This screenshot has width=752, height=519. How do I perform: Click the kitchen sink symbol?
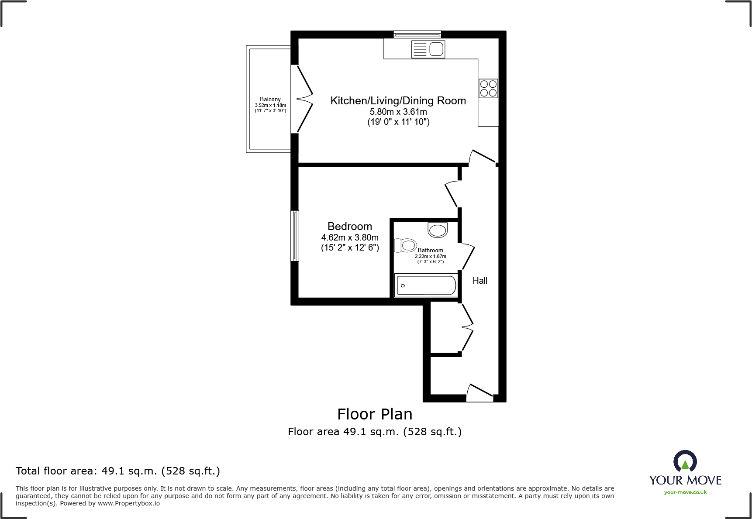(428, 49)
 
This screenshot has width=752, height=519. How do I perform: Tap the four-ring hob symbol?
(488, 88)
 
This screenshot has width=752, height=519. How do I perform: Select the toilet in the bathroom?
(406, 245)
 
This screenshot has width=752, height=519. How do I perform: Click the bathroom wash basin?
(438, 230)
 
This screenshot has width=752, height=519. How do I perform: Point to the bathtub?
(426, 285)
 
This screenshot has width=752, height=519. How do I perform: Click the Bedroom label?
(350, 227)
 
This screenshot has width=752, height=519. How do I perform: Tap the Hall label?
(479, 281)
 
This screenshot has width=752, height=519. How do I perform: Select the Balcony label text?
(270, 100)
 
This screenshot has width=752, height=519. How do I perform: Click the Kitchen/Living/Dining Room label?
(398, 101)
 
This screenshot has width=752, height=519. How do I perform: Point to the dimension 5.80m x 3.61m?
(398, 112)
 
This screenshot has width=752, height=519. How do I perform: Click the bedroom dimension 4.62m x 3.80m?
(350, 237)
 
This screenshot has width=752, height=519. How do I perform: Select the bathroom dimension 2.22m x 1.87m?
(430, 256)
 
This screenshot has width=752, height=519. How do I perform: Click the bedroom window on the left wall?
(295, 236)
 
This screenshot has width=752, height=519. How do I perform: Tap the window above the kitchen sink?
(417, 34)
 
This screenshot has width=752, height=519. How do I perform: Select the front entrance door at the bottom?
(479, 393)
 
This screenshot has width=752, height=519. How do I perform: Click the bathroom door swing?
(467, 257)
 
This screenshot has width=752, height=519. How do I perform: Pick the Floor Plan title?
(375, 414)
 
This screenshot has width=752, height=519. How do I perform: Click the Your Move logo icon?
(685, 461)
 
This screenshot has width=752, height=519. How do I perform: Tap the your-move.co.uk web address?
(685, 492)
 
